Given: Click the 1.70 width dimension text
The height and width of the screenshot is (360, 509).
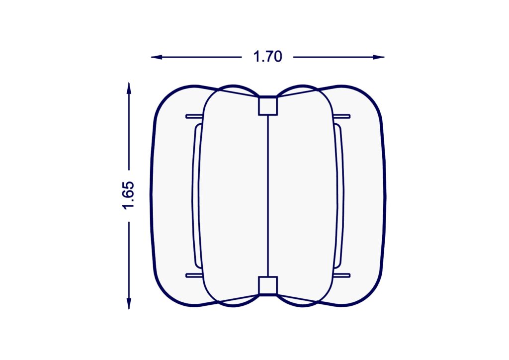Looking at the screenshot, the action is pyautogui.click(x=267, y=57).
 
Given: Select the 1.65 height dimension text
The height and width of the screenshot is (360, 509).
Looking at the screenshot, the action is pyautogui.click(x=128, y=195).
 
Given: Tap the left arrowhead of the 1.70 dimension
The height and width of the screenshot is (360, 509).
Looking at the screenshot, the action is pyautogui.click(x=157, y=57).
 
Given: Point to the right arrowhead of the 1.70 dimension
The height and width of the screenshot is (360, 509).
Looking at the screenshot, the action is pyautogui.click(x=379, y=57).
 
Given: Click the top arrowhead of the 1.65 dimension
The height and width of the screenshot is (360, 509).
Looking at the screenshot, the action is pyautogui.click(x=129, y=89).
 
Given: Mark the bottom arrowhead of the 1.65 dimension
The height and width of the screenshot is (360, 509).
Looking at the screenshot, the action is pyautogui.click(x=129, y=303).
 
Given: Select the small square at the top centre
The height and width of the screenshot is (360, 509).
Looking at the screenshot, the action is pyautogui.click(x=268, y=106).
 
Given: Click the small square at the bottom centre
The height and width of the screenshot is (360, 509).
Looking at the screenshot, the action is pyautogui.click(x=268, y=286).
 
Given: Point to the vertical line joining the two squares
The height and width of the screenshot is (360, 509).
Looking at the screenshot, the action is pyautogui.click(x=268, y=196).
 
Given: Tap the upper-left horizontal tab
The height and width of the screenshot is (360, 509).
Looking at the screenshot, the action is pyautogui.click(x=194, y=116).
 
